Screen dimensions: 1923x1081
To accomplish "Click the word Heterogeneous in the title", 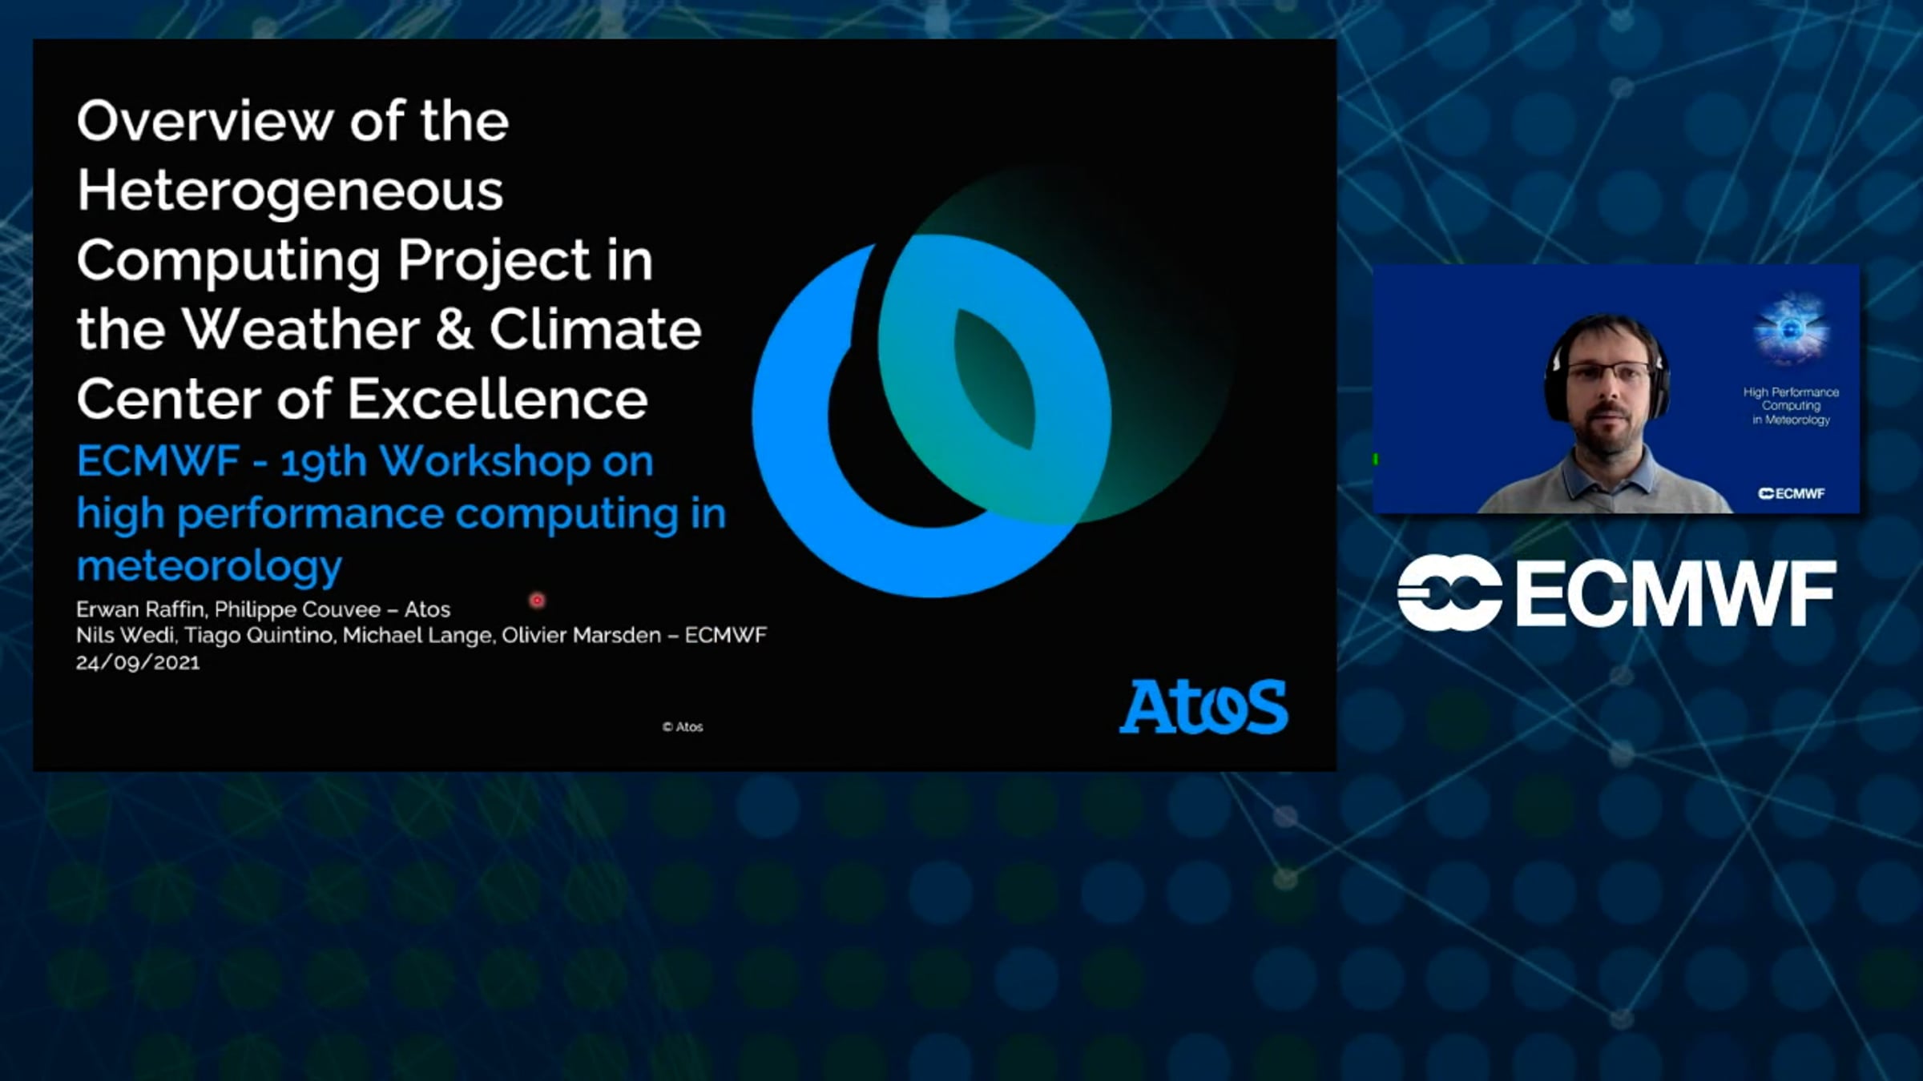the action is (290, 192).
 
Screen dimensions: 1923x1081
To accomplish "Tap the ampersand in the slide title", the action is (454, 330).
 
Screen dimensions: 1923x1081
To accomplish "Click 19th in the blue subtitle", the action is (324, 463).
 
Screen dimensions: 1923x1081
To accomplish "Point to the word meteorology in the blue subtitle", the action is (209, 567).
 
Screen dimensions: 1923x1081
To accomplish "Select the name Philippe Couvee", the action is (297, 610).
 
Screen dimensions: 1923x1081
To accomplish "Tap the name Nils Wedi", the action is (126, 635).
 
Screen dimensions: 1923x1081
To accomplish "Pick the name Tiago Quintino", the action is (259, 636).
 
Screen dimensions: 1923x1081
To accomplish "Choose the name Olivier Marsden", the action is (582, 635).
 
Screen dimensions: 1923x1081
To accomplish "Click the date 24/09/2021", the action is (138, 662).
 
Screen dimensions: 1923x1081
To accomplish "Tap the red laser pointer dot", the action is (537, 600).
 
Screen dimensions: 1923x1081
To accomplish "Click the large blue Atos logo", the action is (1203, 706).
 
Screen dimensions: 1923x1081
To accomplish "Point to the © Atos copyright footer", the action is (683, 727).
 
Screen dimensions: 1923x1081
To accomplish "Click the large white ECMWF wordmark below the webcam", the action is (1616, 593).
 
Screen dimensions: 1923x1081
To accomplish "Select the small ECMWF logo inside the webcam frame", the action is (1791, 493).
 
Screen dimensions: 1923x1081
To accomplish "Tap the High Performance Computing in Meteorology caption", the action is (1791, 406).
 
